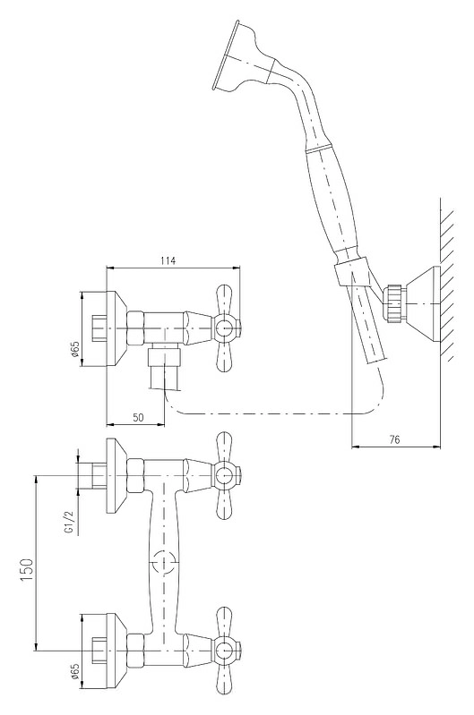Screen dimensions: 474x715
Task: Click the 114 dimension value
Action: (168, 260)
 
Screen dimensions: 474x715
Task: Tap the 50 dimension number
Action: (138, 417)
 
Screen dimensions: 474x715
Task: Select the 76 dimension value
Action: (394, 439)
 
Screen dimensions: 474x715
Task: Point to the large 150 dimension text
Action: (27, 569)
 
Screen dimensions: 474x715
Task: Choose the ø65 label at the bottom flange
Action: (75, 671)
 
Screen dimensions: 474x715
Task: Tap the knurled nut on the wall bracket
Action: (393, 303)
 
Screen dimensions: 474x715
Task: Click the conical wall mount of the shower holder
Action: (422, 304)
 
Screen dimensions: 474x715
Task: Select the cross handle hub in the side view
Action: (224, 328)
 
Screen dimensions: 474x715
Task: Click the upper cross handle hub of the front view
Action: (224, 475)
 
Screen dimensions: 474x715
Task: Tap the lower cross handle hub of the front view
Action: (224, 651)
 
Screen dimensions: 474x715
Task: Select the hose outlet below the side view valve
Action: (164, 366)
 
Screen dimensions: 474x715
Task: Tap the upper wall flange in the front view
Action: (116, 475)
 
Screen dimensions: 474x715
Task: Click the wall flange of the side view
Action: (116, 328)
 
